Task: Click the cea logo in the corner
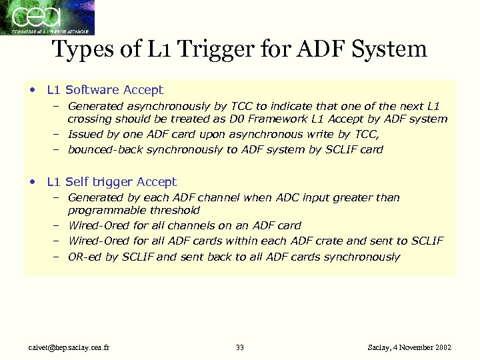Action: pos(47,17)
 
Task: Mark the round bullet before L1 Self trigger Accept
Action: pos(33,182)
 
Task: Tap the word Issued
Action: pos(85,134)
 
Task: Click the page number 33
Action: pos(240,348)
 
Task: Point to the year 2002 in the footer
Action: pos(441,348)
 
